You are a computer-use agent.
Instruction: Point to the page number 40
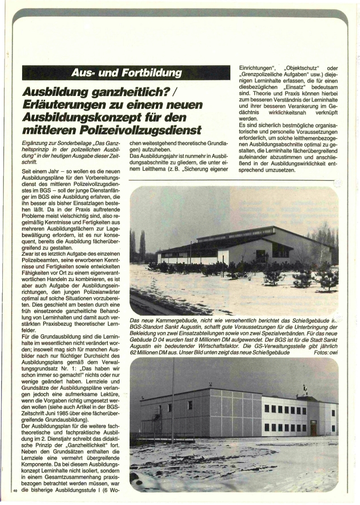tap(16, 491)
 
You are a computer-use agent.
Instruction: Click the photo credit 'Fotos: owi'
tap(326, 353)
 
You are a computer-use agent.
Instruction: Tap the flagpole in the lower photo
tap(173, 399)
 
